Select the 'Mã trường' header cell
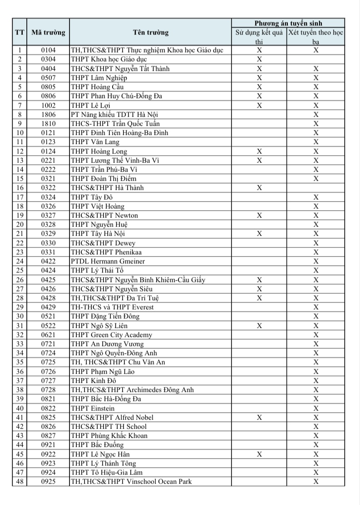tap(48, 32)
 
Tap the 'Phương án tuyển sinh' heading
tap(288, 23)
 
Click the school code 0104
tap(48, 50)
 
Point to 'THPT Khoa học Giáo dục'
tap(108, 59)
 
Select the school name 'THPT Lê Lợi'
tap(91, 105)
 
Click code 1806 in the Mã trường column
tap(48, 114)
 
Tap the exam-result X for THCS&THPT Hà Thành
tap(259, 188)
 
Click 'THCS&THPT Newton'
tap(104, 215)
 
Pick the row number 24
tap(20, 261)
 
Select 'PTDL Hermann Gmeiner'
tap(108, 261)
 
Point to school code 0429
tap(48, 307)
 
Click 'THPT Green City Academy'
tap(111, 335)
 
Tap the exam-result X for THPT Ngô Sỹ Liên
tap(259, 326)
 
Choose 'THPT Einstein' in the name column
tap(93, 408)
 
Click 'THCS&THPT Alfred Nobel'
tap(112, 417)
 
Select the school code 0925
tap(48, 481)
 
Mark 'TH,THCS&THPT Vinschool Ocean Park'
tap(131, 481)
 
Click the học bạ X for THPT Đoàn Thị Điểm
tap(316, 178)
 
